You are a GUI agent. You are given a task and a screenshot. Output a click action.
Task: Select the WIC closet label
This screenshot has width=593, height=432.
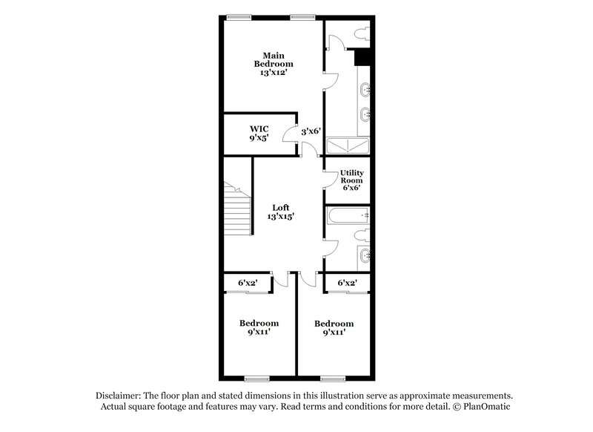point(259,128)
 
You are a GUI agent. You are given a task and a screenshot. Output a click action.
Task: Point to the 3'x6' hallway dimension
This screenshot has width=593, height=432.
point(311,131)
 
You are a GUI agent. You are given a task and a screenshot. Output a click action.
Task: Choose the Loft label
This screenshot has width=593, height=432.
point(279,207)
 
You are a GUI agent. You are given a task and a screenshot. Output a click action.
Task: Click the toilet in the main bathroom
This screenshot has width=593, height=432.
point(361,33)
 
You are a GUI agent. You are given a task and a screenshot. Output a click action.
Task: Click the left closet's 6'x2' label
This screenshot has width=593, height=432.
point(248,283)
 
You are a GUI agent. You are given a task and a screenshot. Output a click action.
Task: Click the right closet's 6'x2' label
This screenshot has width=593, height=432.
point(347,283)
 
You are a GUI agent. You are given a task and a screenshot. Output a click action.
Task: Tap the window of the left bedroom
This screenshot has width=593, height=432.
point(257,377)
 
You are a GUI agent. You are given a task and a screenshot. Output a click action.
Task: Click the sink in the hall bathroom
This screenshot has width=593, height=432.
point(362,255)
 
